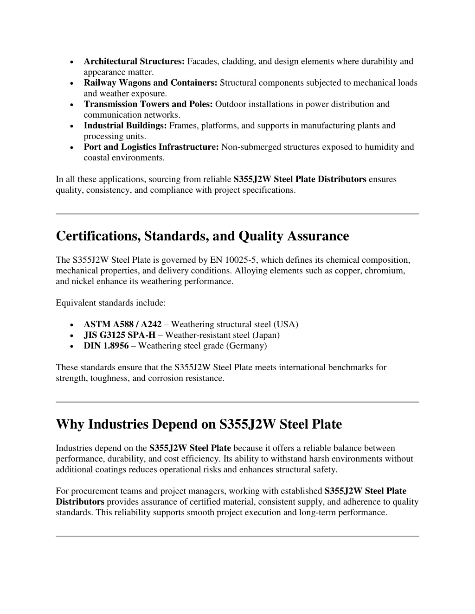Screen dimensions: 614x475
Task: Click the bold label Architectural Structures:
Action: pyautogui.click(x=134, y=62)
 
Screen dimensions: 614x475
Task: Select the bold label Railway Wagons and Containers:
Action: pyautogui.click(x=150, y=83)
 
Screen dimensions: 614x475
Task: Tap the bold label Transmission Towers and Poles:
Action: pyautogui.click(x=148, y=104)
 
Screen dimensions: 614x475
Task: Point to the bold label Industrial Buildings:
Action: pyautogui.click(x=125, y=126)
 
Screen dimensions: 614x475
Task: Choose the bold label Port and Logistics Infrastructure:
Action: pyautogui.click(x=151, y=147)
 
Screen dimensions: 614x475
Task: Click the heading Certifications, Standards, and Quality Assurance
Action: pyautogui.click(x=202, y=236)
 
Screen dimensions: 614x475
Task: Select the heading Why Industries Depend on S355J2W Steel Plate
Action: pyautogui.click(x=199, y=424)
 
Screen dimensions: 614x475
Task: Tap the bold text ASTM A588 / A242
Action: pyautogui.click(x=122, y=324)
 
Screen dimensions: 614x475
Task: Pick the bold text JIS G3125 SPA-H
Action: pyautogui.click(x=119, y=335)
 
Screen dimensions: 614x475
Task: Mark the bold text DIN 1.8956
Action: pyautogui.click(x=106, y=346)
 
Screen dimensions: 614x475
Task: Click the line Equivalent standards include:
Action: pyautogui.click(x=111, y=303)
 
